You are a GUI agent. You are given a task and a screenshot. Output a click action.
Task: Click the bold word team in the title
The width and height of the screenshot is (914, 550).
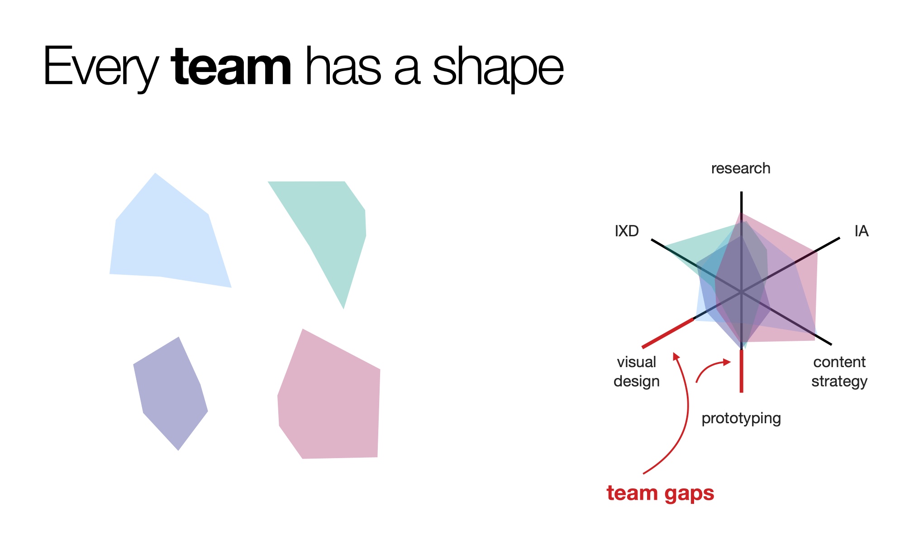pyautogui.click(x=231, y=67)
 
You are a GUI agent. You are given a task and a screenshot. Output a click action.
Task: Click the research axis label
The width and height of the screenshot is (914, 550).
pyautogui.click(x=741, y=168)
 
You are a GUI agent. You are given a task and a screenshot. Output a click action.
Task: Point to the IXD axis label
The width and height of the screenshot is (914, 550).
pyautogui.click(x=627, y=231)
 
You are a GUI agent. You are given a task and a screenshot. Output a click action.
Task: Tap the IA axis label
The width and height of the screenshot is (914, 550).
pyautogui.click(x=862, y=231)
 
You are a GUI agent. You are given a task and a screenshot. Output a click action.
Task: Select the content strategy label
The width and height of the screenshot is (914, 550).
pyautogui.click(x=839, y=372)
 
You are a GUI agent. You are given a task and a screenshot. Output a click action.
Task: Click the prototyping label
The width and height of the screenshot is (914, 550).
pyautogui.click(x=741, y=418)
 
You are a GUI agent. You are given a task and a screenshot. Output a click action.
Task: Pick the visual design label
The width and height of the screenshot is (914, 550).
pyautogui.click(x=637, y=372)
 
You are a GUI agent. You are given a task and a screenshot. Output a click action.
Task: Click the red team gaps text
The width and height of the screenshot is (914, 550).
pyautogui.click(x=660, y=493)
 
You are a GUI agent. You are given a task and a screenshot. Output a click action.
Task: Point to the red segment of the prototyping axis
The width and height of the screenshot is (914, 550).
pyautogui.click(x=741, y=371)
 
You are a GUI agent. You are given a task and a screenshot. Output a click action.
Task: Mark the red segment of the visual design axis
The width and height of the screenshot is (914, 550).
pyautogui.click(x=668, y=333)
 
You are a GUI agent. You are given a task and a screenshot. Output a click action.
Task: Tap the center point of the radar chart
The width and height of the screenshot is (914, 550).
pyautogui.click(x=741, y=292)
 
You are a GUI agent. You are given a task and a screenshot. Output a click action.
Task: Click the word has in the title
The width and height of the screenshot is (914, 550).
pyautogui.click(x=343, y=67)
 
